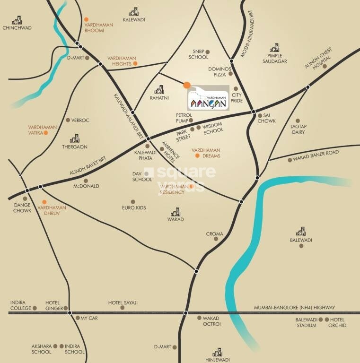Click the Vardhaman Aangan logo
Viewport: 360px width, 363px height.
[208, 98]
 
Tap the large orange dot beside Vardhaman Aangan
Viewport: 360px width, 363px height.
[187, 85]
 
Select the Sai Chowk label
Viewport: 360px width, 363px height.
[266, 118]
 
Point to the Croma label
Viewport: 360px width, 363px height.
[214, 234]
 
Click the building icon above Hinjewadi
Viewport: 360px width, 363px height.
[217, 353]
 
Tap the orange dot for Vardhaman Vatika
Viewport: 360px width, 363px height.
[46, 133]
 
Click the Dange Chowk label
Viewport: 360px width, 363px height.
[22, 207]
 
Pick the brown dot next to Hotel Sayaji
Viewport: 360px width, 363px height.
[122, 308]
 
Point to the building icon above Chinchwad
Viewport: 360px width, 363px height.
[17, 20]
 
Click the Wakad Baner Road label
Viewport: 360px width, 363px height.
[316, 153]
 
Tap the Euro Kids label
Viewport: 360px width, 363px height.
[134, 208]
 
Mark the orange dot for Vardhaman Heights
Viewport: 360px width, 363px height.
[135, 63]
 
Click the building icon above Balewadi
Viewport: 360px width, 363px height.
[301, 232]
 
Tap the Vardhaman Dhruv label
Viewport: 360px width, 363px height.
[52, 210]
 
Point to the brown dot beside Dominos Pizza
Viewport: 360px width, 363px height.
[230, 74]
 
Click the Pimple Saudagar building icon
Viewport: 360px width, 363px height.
[274, 48]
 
